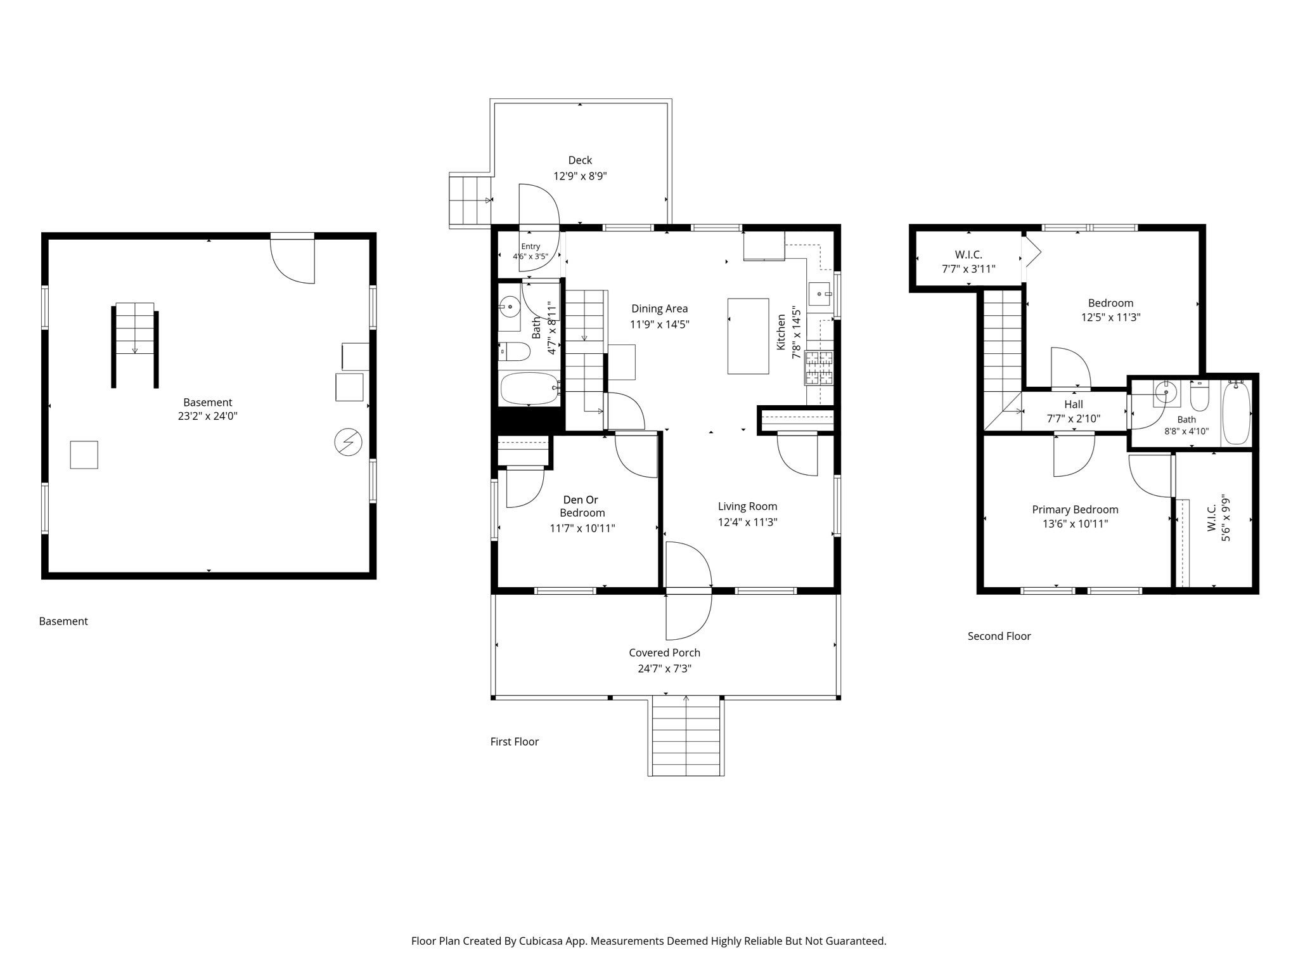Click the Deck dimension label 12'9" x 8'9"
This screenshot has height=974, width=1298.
point(580,176)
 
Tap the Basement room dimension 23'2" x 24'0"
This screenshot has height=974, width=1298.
point(208,416)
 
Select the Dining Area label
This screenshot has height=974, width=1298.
point(659,309)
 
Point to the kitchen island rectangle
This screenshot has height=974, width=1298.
point(748,336)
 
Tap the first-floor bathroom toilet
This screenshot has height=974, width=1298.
point(513,351)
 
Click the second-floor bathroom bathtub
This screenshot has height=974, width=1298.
point(1235,413)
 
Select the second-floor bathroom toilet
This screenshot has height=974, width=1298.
point(1200,396)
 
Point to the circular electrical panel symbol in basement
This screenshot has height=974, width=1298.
point(348,443)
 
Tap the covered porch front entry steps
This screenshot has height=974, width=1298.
point(686,736)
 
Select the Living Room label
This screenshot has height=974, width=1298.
point(747,506)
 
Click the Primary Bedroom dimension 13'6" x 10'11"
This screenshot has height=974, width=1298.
point(1075,524)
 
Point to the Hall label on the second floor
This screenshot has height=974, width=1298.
point(1074,405)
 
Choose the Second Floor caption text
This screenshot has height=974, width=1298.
point(999,636)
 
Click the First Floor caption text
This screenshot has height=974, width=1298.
point(514,741)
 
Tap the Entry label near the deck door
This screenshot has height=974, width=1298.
point(530,247)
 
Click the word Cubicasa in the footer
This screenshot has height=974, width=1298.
point(543,941)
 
